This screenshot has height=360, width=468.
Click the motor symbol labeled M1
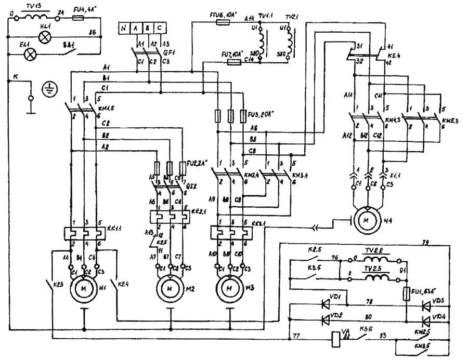(84, 286)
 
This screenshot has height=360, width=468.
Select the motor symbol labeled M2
(168, 286)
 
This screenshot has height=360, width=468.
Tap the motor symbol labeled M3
(229, 286)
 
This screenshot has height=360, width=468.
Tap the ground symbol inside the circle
(50, 89)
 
